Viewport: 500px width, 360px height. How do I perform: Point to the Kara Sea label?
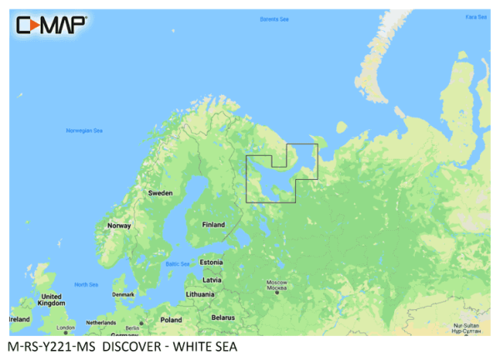tap(476, 17)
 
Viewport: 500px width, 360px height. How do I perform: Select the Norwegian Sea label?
tap(83, 131)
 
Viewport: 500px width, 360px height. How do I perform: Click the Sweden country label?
tap(160, 192)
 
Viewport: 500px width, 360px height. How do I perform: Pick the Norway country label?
tap(119, 226)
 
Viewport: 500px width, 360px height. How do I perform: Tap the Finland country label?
tap(214, 224)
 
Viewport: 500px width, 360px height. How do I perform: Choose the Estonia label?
tap(211, 262)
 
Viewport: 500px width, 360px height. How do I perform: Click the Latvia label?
tap(212, 279)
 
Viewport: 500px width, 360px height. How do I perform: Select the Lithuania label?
tap(200, 294)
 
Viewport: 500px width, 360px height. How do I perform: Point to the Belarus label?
tap(222, 318)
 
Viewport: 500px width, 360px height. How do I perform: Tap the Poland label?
tap(171, 319)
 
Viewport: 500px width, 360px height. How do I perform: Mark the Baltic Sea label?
tap(177, 264)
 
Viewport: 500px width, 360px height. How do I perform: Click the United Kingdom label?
tap(51, 300)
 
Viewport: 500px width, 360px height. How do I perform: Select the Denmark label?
tap(123, 293)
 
